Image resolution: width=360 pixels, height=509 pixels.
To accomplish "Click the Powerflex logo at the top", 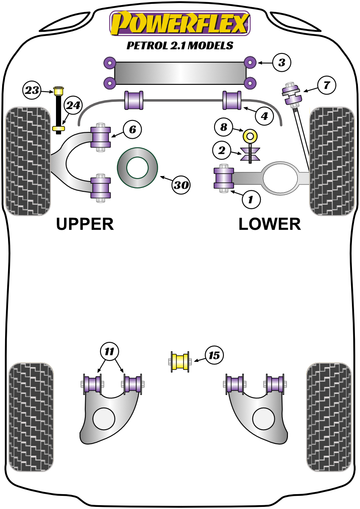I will click(x=180, y=23).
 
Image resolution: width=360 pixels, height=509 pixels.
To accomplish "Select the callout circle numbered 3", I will click(x=281, y=63).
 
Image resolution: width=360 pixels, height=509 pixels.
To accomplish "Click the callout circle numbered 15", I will click(x=215, y=355).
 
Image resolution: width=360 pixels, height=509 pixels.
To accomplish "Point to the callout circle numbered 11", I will click(x=109, y=351).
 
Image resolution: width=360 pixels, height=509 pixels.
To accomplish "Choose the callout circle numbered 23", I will click(x=32, y=90).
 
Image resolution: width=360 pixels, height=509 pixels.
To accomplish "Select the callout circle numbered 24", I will click(x=73, y=106).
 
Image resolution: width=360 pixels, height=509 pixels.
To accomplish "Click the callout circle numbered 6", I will click(x=132, y=129).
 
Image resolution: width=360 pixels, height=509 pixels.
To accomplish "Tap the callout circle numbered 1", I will click(x=251, y=199).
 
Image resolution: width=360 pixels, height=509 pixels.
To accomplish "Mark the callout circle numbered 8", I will click(x=223, y=126).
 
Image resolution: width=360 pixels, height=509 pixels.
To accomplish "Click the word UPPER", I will click(x=85, y=224).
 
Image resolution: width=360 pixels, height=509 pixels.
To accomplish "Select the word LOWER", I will click(x=269, y=224).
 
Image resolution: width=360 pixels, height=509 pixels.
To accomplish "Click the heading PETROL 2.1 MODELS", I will click(x=180, y=45).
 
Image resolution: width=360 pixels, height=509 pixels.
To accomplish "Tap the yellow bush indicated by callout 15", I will click(x=180, y=362).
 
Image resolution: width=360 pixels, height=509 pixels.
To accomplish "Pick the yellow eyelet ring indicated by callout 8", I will click(x=250, y=137).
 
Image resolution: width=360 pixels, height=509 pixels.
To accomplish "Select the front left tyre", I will click(x=28, y=161).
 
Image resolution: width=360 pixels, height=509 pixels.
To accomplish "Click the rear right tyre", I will click(x=329, y=417).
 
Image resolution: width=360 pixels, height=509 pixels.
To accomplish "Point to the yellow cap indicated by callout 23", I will click(x=59, y=90).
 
